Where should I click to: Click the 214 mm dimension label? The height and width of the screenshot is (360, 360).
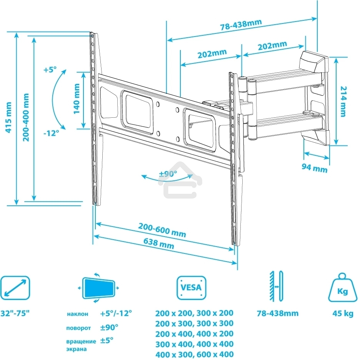pyautogui.click(x=343, y=101)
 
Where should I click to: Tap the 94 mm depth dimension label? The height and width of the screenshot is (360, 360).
pyautogui.click(x=315, y=168)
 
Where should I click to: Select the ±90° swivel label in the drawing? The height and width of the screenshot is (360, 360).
pyautogui.click(x=168, y=173)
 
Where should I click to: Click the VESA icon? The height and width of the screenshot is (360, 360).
pyautogui.click(x=191, y=288)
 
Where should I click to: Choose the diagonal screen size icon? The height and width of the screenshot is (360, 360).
pyautogui.click(x=15, y=288)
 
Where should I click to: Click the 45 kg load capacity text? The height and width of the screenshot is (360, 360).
pyautogui.click(x=343, y=313)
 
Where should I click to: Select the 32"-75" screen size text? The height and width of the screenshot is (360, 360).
pyautogui.click(x=15, y=313)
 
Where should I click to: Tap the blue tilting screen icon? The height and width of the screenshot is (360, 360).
pyautogui.click(x=99, y=288)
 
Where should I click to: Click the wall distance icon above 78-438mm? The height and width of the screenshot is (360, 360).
pyautogui.click(x=277, y=286)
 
